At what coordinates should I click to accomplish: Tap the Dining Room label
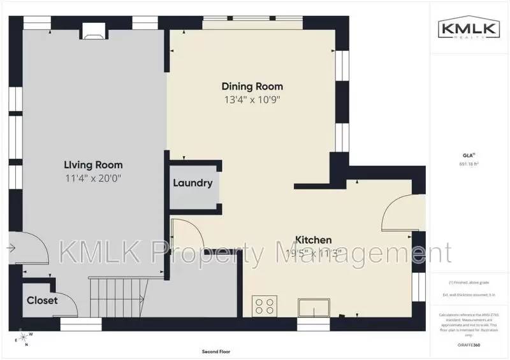(x=252, y=86)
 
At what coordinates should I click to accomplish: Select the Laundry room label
(x=193, y=184)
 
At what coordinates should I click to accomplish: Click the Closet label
(x=42, y=300)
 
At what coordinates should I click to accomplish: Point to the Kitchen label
(x=313, y=240)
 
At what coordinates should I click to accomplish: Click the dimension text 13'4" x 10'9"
(x=252, y=99)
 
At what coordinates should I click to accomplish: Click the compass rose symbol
(x=24, y=337)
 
